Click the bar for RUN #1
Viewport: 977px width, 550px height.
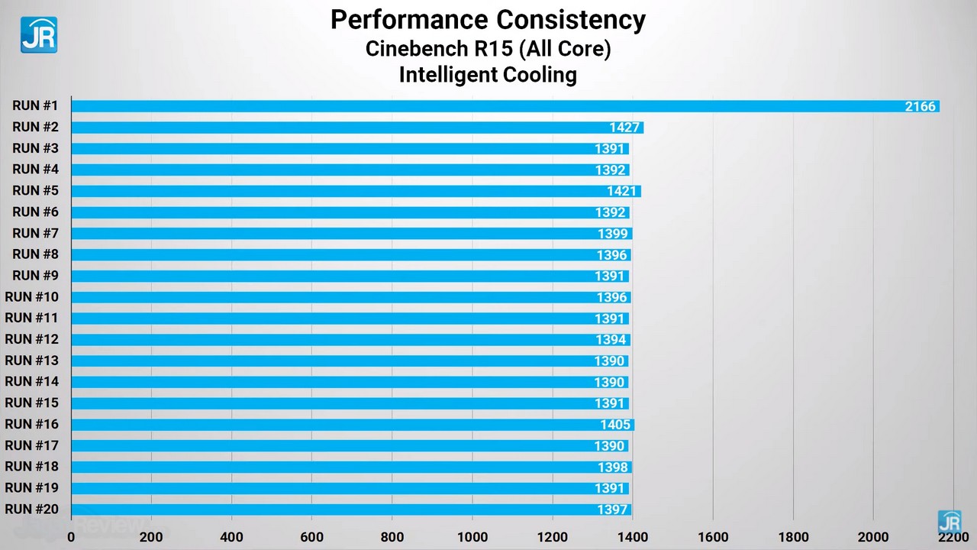504,106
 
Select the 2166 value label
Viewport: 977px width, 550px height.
920,106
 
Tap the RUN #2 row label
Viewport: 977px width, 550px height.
36,127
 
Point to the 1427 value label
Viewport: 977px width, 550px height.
624,128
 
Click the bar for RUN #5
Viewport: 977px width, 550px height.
356,191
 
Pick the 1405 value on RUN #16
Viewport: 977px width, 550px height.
615,425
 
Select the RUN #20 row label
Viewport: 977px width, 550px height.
32,509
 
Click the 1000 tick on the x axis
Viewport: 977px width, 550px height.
472,536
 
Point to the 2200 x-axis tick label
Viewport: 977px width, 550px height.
953,536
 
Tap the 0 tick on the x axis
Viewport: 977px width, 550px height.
72,536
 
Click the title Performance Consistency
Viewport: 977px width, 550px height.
488,20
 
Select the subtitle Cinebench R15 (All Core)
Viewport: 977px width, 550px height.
488,48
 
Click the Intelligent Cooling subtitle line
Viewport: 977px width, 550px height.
488,75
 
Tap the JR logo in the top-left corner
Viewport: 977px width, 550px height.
38,35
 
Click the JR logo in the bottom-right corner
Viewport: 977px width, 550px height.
950,522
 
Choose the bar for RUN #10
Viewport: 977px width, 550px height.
351,297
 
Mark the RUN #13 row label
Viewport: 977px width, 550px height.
32,361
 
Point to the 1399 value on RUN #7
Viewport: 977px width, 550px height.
613,234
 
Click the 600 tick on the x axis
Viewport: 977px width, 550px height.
311,536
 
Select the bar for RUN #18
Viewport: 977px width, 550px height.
351,467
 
